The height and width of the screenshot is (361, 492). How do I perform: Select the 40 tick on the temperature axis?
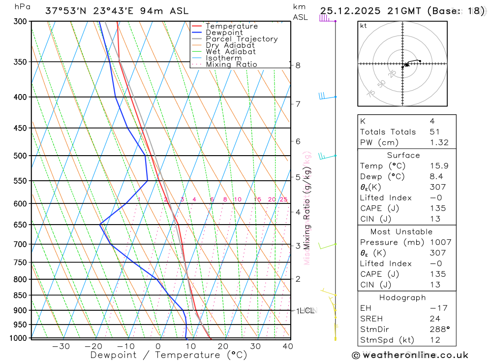click(288, 346)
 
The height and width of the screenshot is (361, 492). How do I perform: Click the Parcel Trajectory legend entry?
click(242, 39)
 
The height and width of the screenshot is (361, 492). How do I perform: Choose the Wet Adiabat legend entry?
click(231, 52)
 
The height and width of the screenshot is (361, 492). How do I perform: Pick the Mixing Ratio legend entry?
click(231, 65)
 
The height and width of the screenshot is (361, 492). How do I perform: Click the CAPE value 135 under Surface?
click(437, 208)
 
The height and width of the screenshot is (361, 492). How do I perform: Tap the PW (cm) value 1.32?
click(439, 143)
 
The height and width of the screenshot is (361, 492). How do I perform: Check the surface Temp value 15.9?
click(439, 166)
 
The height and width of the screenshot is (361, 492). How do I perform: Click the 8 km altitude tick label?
click(298, 65)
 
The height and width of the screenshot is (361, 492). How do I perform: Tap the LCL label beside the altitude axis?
click(307, 310)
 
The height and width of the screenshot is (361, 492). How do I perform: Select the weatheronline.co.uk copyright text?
click(410, 355)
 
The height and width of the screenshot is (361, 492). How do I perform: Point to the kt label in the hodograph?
click(363, 26)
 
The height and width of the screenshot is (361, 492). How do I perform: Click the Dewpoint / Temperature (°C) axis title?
click(169, 355)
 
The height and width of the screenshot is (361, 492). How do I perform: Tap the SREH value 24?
click(434, 319)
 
